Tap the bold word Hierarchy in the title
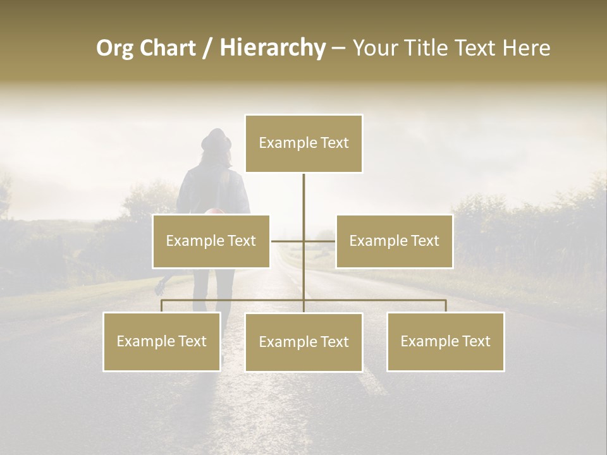click(x=272, y=48)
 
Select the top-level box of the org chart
click(x=303, y=143)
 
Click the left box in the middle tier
click(x=211, y=241)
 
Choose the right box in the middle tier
click(x=394, y=241)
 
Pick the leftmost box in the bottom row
click(x=162, y=342)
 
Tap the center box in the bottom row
click(x=303, y=343)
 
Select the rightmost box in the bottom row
click(x=446, y=342)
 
